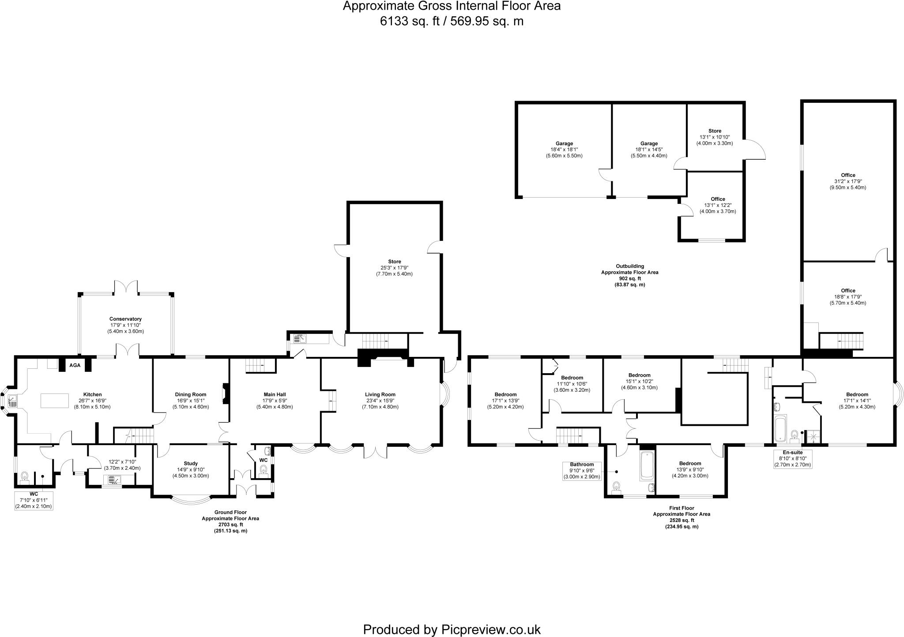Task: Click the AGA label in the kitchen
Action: [x=74, y=365]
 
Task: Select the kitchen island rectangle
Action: [x=54, y=400]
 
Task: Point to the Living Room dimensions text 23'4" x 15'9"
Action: [x=380, y=401]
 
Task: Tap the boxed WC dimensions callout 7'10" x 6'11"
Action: [x=34, y=500]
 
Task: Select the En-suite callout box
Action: [x=792, y=459]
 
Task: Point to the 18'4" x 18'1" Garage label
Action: [x=564, y=150]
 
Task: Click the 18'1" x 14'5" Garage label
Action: [x=649, y=150]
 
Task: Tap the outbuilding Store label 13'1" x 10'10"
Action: [x=715, y=137]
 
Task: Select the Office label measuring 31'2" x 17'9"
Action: [x=848, y=181]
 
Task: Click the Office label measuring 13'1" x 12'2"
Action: [x=718, y=205]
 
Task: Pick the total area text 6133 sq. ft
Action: [x=452, y=21]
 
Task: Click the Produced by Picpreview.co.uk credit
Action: [x=452, y=617]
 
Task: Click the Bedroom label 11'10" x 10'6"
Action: [x=572, y=384]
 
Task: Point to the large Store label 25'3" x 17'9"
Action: [x=394, y=268]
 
